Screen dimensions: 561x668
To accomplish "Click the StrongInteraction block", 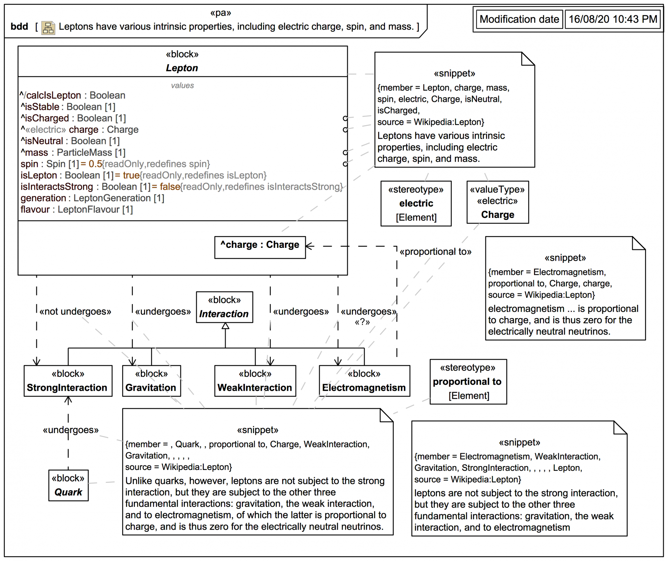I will pos(68,381).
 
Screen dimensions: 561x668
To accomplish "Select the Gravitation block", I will pos(151,381).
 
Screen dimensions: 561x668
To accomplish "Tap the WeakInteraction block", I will pos(255,381).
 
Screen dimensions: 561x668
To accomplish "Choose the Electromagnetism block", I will pos(364,381).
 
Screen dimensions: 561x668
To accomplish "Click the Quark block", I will pos(68,486).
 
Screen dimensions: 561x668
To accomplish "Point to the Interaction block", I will pos(224,307).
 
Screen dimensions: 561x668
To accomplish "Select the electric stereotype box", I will pos(416,203).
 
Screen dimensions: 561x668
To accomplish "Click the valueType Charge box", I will pos(498,202).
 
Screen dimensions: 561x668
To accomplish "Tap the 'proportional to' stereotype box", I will pos(468,382).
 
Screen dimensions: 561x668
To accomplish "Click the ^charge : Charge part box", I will pos(260,245).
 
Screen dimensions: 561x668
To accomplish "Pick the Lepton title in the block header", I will pos(182,68).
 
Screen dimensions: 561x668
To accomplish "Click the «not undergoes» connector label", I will pos(75,311).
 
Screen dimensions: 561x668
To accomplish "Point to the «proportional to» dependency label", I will pos(435,252).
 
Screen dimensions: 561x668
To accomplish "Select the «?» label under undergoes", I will pos(362,322).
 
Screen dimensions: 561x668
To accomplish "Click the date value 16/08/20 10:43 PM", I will pos(613,19).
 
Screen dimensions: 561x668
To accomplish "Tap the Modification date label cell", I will pos(519,19).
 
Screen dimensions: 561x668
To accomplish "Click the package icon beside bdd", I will pos(48,27).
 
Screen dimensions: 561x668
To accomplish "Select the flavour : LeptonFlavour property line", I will pos(77,210).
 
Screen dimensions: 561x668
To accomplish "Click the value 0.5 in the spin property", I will pos(95,164).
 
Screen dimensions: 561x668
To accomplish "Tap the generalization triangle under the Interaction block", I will pos(225,326).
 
